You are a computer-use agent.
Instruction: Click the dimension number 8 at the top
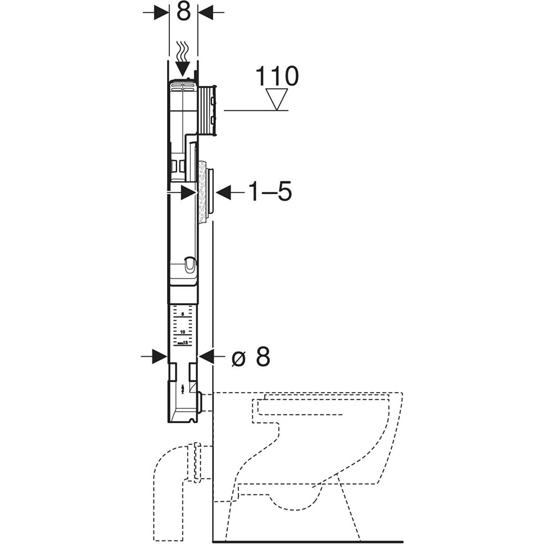point(183,11)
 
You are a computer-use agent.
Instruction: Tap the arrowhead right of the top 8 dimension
point(206,12)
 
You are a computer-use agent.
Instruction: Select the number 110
point(277,77)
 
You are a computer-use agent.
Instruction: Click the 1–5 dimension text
point(270,191)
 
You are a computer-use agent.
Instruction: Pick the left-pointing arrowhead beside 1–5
point(224,191)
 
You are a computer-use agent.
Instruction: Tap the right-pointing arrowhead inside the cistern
point(188,191)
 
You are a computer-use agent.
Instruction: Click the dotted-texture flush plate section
point(202,192)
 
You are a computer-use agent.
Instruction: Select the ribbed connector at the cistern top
point(208,110)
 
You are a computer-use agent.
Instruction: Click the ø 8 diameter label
point(250,357)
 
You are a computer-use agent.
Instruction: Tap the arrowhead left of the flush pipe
point(159,357)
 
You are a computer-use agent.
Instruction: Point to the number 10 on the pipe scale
point(183,331)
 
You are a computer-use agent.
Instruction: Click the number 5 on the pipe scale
point(183,315)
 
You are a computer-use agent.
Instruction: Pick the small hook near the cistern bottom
point(188,265)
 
